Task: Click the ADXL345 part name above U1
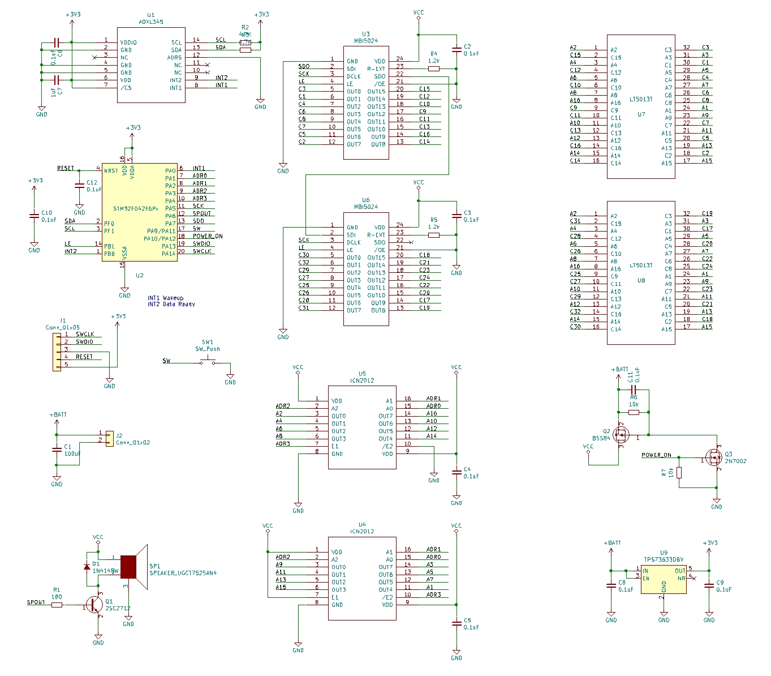(150, 22)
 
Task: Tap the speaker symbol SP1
(133, 566)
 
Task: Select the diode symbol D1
(87, 566)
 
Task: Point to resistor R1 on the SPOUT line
(57, 605)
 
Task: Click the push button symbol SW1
(208, 362)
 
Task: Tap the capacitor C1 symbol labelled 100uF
(57, 450)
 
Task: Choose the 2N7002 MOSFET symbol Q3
(714, 457)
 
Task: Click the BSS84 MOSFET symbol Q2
(621, 435)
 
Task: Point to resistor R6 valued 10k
(634, 412)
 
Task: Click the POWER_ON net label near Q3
(656, 455)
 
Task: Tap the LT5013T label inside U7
(641, 100)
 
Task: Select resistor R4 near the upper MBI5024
(434, 69)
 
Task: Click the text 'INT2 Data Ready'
(171, 305)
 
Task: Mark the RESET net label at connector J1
(84, 357)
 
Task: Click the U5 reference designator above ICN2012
(362, 374)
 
